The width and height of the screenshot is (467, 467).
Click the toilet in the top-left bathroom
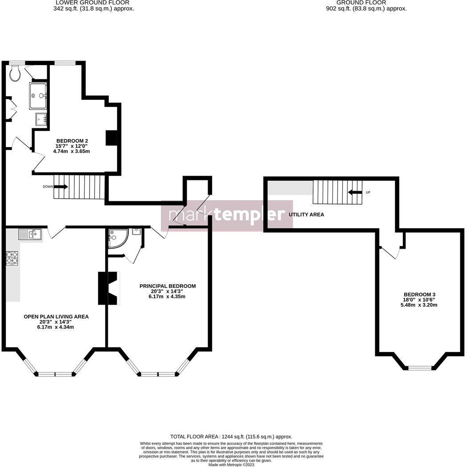pyautogui.click(x=15, y=74)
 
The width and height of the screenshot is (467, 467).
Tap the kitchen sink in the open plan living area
pyautogui.click(x=30, y=233)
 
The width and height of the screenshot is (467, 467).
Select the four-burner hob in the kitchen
pyautogui.click(x=12, y=258)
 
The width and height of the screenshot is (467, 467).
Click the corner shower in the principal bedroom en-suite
pyautogui.click(x=117, y=238)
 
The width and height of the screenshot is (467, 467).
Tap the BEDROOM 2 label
pyautogui.click(x=72, y=140)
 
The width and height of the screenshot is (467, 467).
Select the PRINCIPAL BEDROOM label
pyautogui.click(x=168, y=286)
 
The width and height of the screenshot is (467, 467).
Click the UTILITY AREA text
pyautogui.click(x=306, y=215)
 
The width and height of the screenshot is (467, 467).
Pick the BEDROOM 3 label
pyautogui.click(x=419, y=295)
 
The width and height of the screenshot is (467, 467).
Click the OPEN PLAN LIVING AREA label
pyautogui.click(x=56, y=316)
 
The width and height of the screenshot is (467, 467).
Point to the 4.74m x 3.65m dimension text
pyautogui.click(x=72, y=151)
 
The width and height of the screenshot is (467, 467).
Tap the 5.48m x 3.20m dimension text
pyautogui.click(x=419, y=305)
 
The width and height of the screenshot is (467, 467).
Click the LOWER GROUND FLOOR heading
pyautogui.click(x=93, y=3)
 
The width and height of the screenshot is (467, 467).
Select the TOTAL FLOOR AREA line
pyautogui.click(x=231, y=437)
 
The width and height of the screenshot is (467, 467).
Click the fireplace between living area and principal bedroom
pyautogui.click(x=109, y=288)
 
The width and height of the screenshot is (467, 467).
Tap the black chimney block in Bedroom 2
pyautogui.click(x=111, y=138)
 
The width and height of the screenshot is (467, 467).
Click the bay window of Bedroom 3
pyautogui.click(x=420, y=368)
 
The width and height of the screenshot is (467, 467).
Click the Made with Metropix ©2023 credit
pyautogui.click(x=231, y=464)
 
